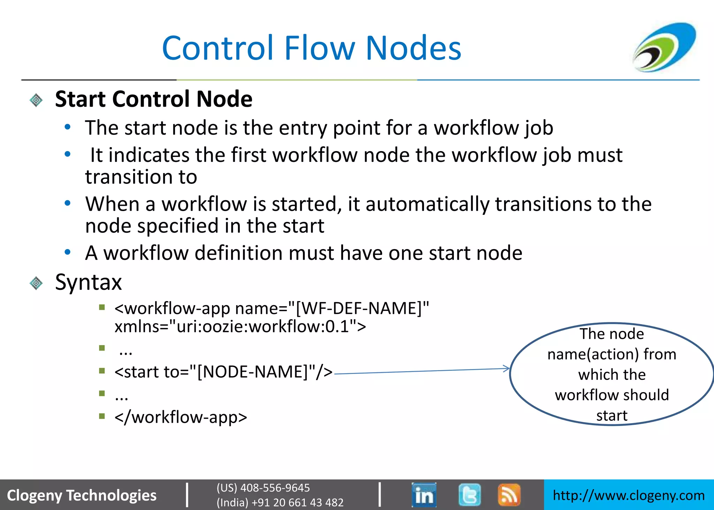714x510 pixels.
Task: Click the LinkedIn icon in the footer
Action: pos(424,495)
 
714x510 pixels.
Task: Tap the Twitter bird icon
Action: pos(469,495)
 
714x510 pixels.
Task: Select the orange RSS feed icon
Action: pos(509,495)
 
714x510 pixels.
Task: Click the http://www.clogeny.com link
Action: pos(629,495)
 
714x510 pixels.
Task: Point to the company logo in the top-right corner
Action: pos(664,47)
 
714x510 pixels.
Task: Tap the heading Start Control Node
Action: pos(154,99)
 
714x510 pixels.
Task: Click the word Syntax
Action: pos(89,282)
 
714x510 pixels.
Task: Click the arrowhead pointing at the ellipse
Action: pos(507,368)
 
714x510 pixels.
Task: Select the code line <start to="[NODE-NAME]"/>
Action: pos(223,372)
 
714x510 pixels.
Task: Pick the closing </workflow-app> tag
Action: pos(181,417)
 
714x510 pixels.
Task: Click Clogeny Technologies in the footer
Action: pos(82,495)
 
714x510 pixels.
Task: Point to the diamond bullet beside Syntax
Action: pos(36,283)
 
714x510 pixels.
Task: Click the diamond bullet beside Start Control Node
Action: pos(36,100)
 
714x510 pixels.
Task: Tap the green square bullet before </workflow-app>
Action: pos(102,416)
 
